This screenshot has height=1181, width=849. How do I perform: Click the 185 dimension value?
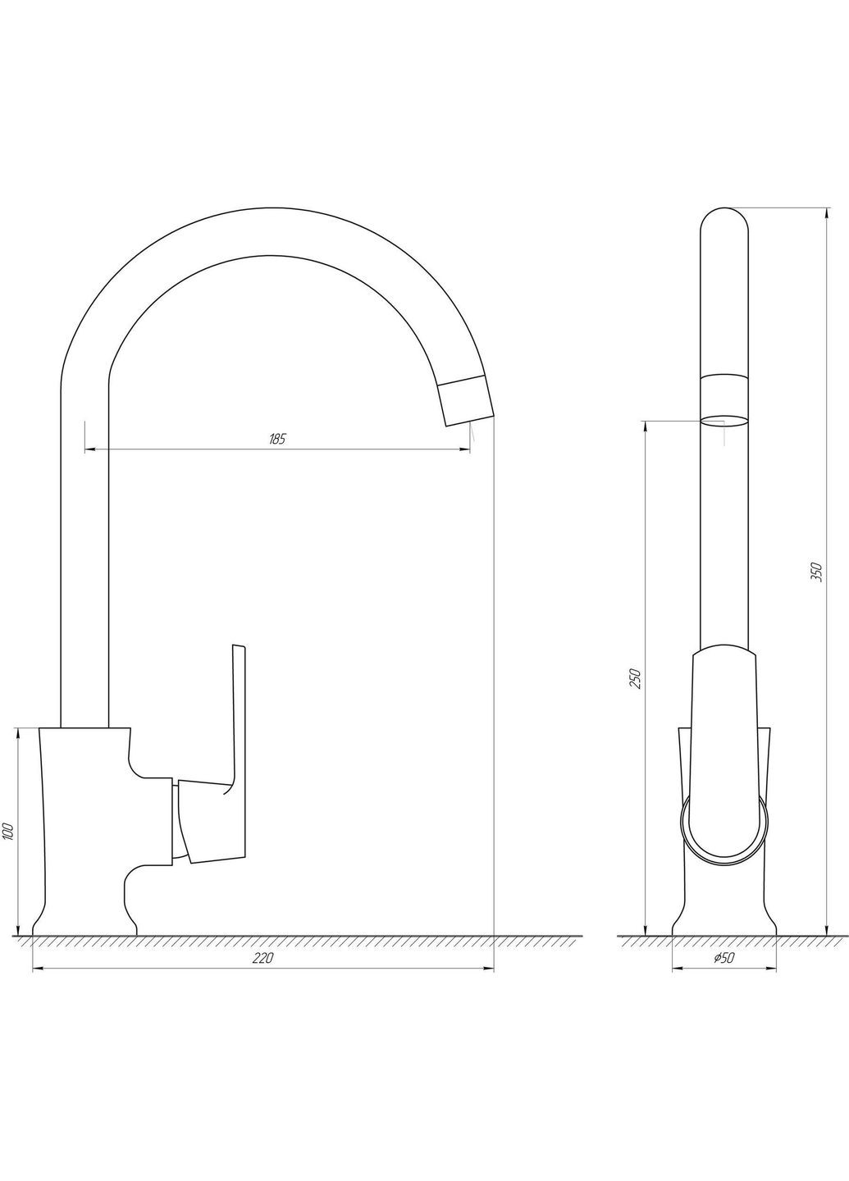pos(277,439)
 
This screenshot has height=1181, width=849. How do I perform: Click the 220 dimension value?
pos(262,959)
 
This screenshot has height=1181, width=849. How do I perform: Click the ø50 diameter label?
pos(723,959)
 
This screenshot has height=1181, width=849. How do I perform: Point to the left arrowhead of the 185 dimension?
pos(89,449)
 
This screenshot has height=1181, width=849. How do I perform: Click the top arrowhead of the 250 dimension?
pos(646,426)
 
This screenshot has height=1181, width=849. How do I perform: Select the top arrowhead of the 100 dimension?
pos(18,732)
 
